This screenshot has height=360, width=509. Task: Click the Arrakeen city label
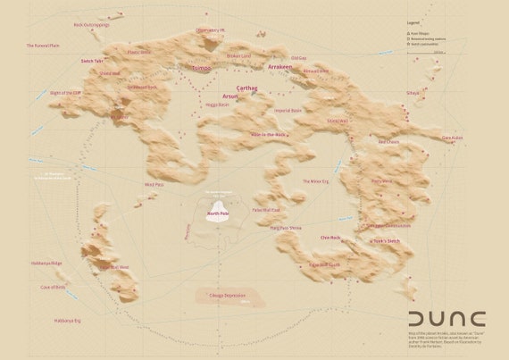tap(255, 68)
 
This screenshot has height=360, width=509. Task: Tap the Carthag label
tap(246, 89)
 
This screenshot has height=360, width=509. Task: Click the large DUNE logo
tap(446, 319)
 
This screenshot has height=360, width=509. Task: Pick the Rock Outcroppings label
tap(91, 25)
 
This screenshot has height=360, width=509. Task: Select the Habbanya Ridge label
tap(45, 263)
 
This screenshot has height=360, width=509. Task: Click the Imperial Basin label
tap(288, 111)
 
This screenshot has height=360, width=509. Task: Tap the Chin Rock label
tap(330, 238)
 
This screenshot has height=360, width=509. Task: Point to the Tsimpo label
tap(202, 68)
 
